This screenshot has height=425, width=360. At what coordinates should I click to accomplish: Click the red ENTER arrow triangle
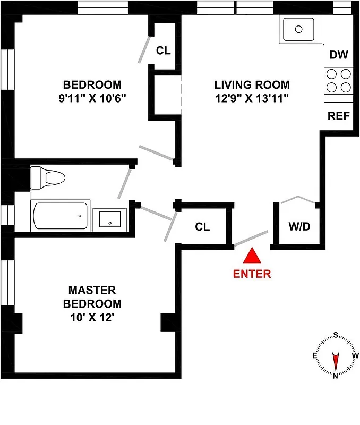[252, 257]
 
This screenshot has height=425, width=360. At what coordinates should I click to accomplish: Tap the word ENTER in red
[252, 274]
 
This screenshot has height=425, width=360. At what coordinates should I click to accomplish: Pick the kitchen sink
[298, 29]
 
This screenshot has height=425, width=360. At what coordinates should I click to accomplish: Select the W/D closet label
[299, 226]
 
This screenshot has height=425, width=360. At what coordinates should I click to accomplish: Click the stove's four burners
[338, 81]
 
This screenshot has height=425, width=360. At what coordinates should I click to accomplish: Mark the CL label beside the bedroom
[163, 51]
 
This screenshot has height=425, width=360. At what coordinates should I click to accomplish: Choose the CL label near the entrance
[202, 227]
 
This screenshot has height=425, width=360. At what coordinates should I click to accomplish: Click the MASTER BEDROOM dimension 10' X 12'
[92, 318]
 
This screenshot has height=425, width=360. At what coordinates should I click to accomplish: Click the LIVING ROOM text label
[252, 84]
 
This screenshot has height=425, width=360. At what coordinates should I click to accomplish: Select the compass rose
[335, 355]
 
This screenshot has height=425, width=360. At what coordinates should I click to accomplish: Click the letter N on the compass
[335, 375]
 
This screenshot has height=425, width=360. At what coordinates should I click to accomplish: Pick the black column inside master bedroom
[168, 322]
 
